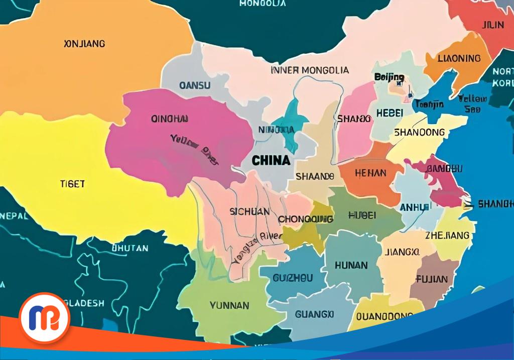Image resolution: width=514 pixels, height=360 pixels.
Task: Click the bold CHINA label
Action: [270, 161]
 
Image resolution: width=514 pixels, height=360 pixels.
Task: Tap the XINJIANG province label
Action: [85, 44]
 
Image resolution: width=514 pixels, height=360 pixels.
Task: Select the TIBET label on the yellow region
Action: [72, 184]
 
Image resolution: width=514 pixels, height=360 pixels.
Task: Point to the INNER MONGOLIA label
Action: [310, 70]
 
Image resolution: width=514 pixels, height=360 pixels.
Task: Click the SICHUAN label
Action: [249, 212]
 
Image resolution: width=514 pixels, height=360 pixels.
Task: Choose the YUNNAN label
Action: [229, 305]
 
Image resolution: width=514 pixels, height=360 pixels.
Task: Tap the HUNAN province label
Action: [351, 265]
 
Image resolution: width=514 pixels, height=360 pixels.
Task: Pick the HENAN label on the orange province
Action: [370, 173]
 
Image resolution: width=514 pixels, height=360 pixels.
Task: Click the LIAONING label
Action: [459, 58]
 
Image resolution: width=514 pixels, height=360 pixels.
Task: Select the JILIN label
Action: [492, 25]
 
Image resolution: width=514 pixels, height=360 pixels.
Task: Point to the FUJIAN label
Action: [431, 279]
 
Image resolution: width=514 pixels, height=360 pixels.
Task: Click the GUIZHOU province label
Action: [293, 278]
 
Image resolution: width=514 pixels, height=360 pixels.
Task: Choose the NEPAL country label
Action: [14, 216]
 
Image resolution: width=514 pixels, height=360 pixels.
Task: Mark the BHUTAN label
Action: [130, 248]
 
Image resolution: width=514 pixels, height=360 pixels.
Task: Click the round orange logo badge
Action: [44, 318]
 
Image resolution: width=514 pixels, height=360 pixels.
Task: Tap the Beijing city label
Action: [389, 77]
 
